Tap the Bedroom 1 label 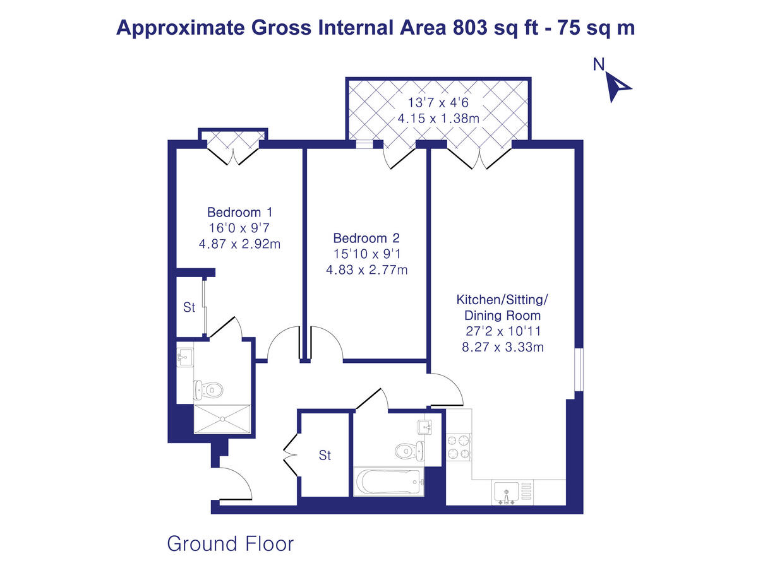(x=240, y=212)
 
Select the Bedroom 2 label (x=366, y=239)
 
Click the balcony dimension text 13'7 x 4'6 (x=438, y=102)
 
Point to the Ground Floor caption (x=231, y=543)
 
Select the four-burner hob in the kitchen (x=459, y=446)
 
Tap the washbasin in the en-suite (x=184, y=357)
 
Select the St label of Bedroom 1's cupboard (x=189, y=308)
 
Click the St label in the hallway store (x=325, y=455)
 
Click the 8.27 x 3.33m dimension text (x=503, y=346)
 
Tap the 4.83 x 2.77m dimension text (x=366, y=270)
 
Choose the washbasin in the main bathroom (x=425, y=427)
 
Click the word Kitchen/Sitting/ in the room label (x=503, y=299)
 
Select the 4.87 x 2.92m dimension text (x=240, y=244)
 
